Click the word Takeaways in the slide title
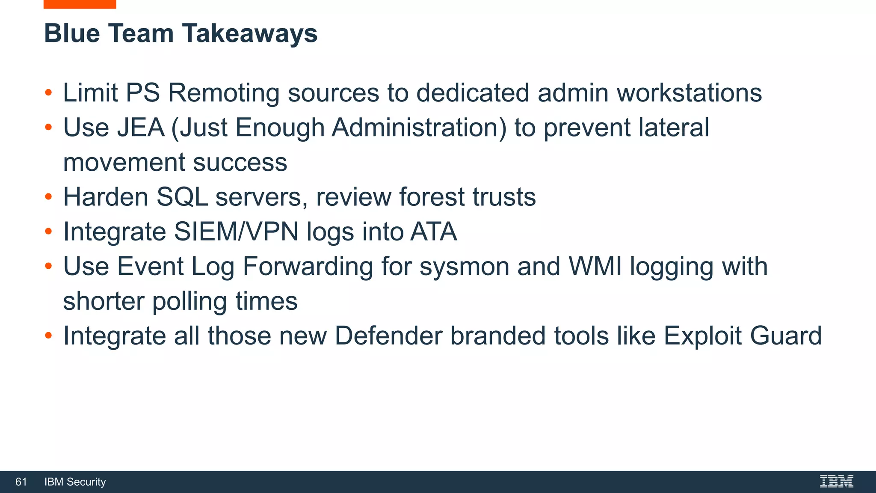point(250,33)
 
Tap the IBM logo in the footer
point(836,481)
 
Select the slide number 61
point(21,482)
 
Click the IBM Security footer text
point(75,482)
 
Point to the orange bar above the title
point(80,4)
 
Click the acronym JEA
point(141,128)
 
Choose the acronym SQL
point(182,197)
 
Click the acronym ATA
point(433,232)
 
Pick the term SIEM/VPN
point(236,232)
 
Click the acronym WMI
point(595,266)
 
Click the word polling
point(189,301)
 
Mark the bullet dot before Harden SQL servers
point(48,197)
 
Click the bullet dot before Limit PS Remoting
point(48,93)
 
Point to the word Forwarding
point(308,267)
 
